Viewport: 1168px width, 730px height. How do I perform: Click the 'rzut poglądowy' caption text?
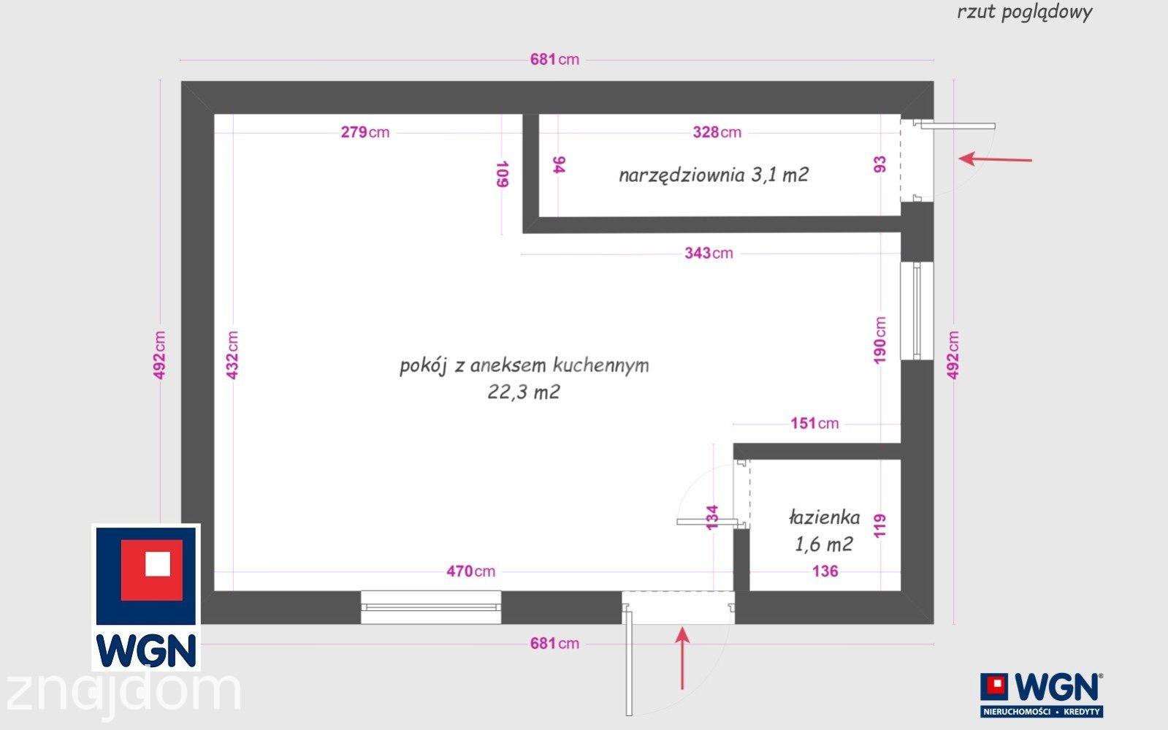(1025, 12)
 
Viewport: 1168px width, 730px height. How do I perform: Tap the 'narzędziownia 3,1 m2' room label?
(714, 175)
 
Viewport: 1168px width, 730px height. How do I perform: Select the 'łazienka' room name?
(825, 518)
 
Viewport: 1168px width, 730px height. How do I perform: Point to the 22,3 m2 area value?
(524, 392)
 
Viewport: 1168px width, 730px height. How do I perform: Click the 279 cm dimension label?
(365, 132)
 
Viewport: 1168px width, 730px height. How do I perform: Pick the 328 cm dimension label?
(717, 132)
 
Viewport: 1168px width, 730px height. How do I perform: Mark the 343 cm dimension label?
(709, 253)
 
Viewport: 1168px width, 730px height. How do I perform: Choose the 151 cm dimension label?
(814, 423)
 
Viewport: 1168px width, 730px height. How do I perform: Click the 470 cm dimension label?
(471, 571)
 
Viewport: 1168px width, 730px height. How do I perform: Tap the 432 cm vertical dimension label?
(232, 355)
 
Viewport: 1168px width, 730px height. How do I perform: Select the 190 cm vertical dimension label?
(879, 341)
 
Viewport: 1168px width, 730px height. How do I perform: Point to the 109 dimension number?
(502, 174)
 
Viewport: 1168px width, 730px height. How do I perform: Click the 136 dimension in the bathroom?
(825, 571)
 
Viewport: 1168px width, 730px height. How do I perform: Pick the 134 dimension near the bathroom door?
(711, 517)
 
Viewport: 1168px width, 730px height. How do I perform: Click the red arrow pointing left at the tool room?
(996, 159)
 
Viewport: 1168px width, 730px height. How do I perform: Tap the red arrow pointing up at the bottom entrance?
(682, 658)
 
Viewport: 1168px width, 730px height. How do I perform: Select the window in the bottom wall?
(431, 607)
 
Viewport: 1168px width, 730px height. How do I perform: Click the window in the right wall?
(917, 311)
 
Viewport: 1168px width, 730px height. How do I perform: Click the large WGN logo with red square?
(146, 598)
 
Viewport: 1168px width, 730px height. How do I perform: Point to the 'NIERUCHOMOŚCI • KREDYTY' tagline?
(1042, 712)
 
